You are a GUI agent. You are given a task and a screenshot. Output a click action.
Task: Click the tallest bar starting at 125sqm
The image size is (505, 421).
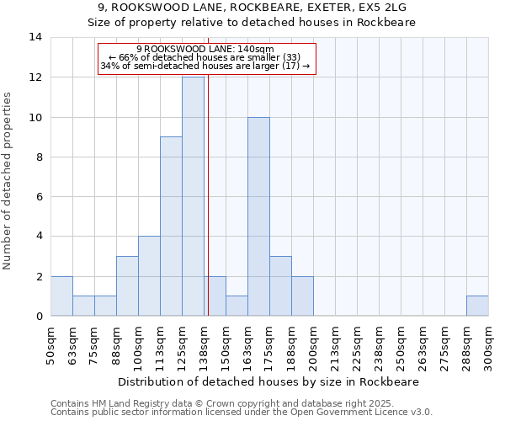(x=193, y=196)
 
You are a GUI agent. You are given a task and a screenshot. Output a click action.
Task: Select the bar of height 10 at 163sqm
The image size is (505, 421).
(x=258, y=216)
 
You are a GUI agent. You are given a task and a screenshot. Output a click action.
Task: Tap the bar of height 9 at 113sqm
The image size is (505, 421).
(x=171, y=226)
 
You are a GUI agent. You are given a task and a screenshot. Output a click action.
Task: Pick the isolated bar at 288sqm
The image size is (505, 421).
(x=477, y=306)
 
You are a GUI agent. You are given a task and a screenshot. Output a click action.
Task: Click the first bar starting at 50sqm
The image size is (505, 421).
(x=61, y=296)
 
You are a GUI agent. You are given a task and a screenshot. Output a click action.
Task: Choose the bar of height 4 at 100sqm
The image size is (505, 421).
(x=149, y=276)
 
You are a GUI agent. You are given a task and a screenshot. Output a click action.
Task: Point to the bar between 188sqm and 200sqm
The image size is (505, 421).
(x=302, y=296)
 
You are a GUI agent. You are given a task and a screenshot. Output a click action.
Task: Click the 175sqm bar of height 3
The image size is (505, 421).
(x=280, y=286)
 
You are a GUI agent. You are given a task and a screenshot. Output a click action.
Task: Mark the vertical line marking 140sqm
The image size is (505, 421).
(x=208, y=194)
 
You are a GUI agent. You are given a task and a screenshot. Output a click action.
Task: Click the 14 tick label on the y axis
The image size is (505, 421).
(x=35, y=37)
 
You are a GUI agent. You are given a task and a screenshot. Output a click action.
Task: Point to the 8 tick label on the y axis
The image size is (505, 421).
(x=39, y=157)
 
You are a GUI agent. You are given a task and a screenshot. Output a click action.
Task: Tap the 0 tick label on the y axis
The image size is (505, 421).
(x=39, y=317)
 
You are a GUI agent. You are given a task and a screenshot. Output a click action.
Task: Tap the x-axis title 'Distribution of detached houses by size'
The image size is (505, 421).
(x=268, y=381)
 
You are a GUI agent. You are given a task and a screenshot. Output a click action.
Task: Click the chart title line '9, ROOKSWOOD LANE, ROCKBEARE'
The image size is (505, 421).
(x=252, y=8)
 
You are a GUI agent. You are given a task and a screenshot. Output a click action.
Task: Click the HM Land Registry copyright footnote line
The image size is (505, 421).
(x=241, y=404)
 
